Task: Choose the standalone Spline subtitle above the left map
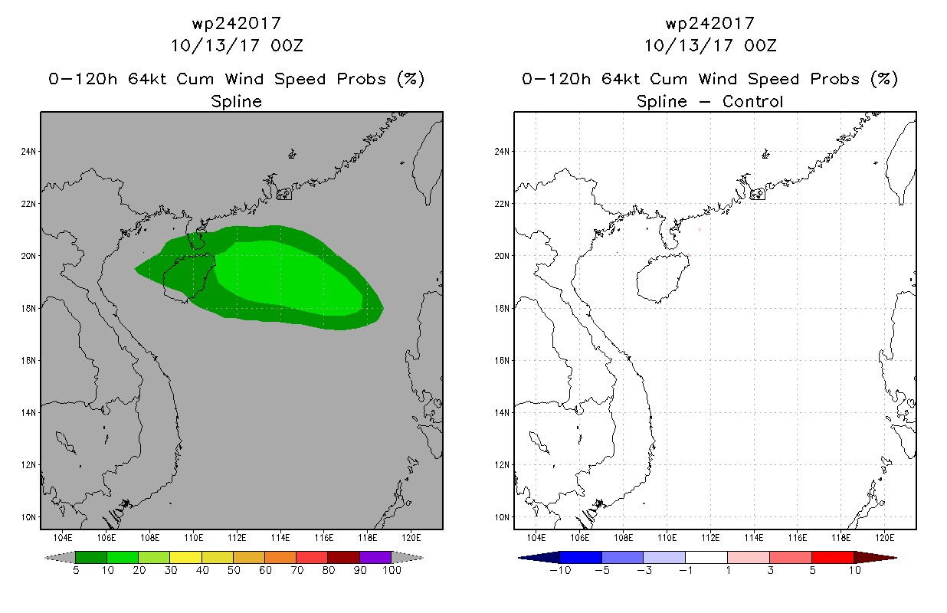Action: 236,101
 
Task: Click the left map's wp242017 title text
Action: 236,23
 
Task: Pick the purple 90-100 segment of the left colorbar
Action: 375,557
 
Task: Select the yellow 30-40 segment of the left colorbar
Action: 185,557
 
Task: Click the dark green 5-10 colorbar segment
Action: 90,557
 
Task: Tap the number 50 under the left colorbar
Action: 233,571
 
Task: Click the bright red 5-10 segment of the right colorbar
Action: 832,557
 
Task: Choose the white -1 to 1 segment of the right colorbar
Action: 706,557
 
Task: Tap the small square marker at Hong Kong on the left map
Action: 284,195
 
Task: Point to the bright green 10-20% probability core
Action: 291,276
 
